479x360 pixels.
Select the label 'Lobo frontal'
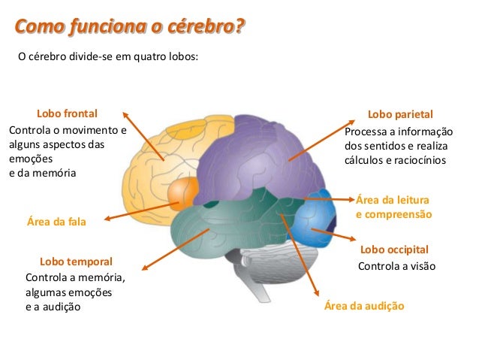click(68, 114)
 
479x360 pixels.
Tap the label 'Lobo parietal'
click(400, 115)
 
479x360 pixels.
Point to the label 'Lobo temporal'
click(76, 262)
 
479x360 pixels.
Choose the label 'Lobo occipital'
click(394, 249)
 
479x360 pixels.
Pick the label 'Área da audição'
click(364, 307)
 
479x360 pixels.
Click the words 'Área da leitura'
click(392, 199)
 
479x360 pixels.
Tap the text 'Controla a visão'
click(396, 267)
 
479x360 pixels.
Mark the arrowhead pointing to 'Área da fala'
click(106, 219)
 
